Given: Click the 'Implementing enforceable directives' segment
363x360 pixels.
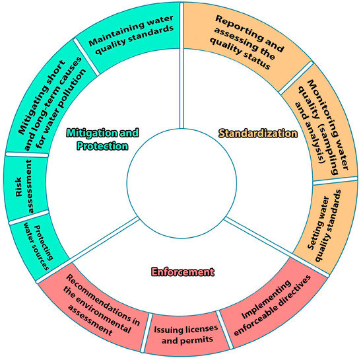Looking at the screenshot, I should coord(274,304).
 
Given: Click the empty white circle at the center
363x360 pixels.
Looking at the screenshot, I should coord(181,180).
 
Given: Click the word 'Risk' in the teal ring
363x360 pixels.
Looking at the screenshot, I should coord(17,188).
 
